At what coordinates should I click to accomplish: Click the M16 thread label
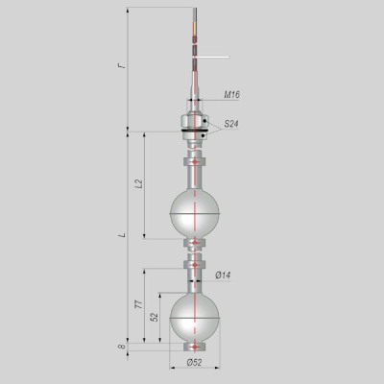(x=231, y=94)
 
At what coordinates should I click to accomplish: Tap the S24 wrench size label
(x=231, y=124)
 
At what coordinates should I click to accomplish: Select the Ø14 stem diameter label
(x=223, y=276)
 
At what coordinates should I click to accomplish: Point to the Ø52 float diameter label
(x=194, y=362)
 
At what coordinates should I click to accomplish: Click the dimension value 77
(x=139, y=304)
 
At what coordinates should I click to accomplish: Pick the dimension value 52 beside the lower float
(x=155, y=317)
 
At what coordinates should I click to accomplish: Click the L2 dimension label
(x=139, y=183)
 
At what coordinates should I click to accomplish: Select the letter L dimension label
(x=122, y=235)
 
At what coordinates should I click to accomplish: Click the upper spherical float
(x=195, y=214)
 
